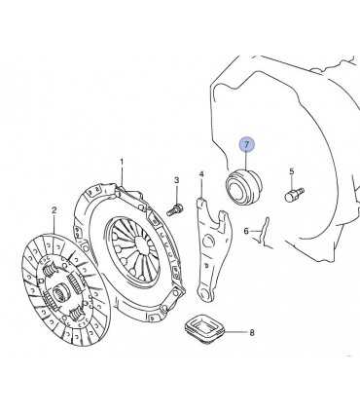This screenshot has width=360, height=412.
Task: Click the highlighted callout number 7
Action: click(x=247, y=145)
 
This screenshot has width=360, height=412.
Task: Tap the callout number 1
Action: click(x=122, y=162)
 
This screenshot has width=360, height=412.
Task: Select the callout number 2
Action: click(x=54, y=210)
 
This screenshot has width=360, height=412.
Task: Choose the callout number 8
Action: click(x=252, y=332)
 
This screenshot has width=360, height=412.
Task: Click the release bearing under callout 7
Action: click(x=243, y=187)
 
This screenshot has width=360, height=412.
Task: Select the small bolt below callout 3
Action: click(x=175, y=209)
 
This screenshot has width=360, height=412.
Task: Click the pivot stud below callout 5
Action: click(x=295, y=195)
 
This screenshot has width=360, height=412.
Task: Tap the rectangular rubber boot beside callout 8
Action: click(x=204, y=329)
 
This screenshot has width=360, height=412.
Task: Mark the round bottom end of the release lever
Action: click(x=205, y=293)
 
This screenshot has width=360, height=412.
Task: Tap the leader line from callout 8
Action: click(x=235, y=332)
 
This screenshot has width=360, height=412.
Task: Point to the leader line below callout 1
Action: click(x=123, y=175)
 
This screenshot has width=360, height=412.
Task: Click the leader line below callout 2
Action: click(x=54, y=224)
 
